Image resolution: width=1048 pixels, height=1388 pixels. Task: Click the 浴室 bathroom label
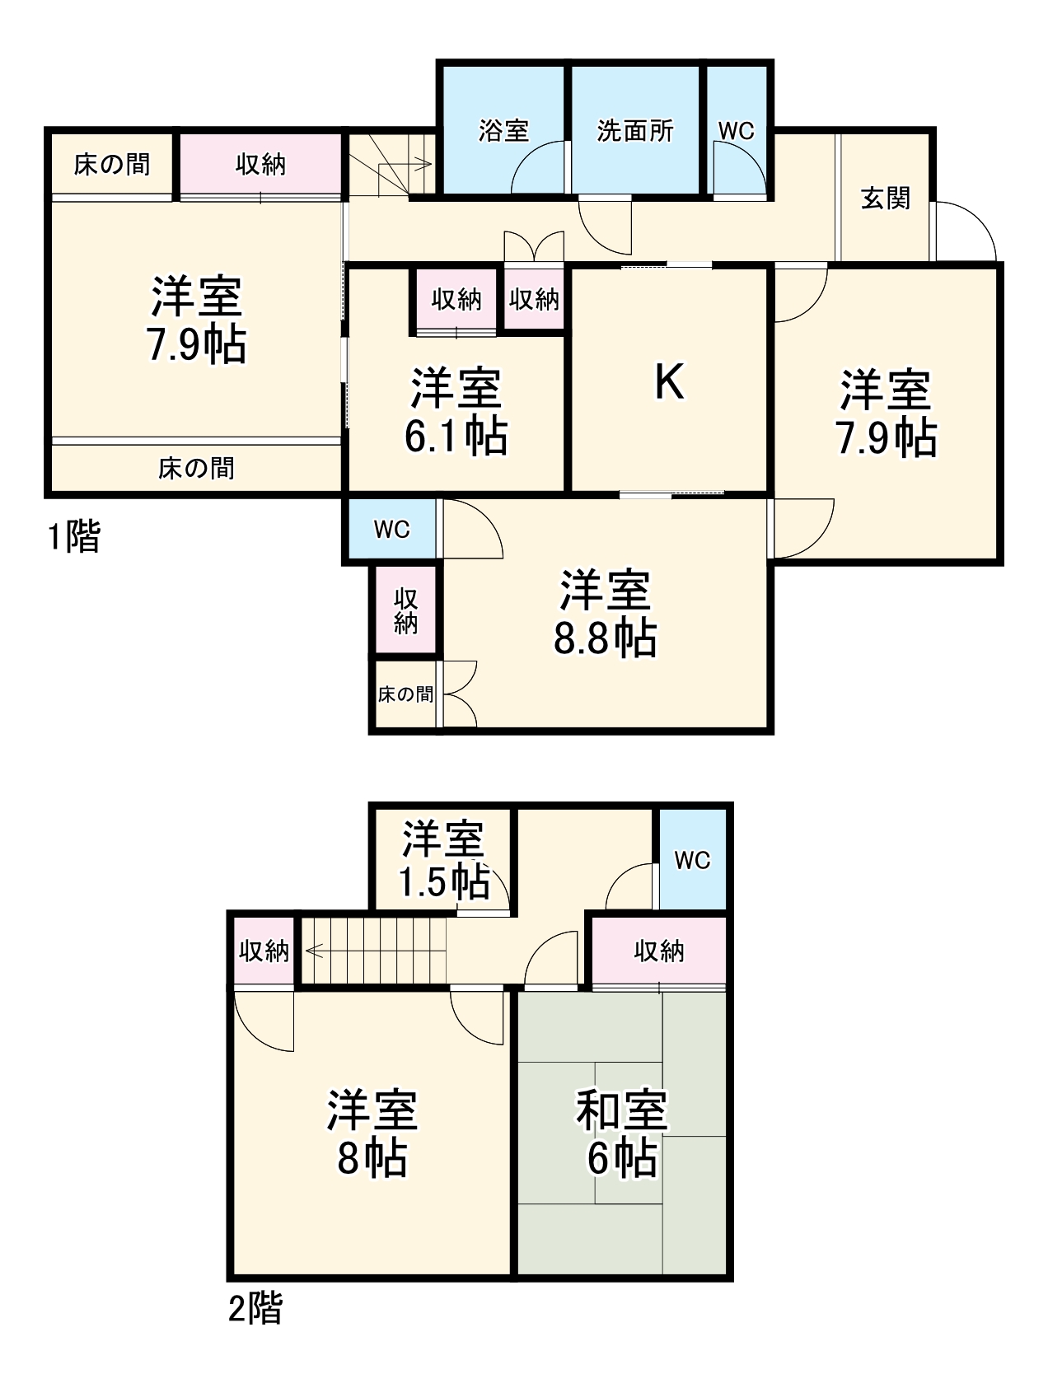click(503, 131)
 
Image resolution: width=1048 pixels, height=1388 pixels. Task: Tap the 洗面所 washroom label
click(634, 131)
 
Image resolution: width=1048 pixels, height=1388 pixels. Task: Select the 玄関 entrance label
click(885, 199)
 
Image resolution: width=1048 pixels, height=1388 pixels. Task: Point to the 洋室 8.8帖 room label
click(605, 614)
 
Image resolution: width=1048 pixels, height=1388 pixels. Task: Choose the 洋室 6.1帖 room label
click(456, 412)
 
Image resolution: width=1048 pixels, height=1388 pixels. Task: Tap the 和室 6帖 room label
click(621, 1133)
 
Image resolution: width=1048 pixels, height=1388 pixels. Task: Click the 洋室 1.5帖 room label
click(443, 860)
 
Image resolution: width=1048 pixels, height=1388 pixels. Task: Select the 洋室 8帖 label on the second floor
click(372, 1133)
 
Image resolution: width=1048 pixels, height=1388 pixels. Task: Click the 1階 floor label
click(73, 538)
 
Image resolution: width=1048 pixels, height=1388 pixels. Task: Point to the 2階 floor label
click(255, 1308)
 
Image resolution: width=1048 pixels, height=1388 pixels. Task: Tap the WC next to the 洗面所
click(736, 131)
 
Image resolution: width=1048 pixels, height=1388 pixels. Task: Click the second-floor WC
click(692, 860)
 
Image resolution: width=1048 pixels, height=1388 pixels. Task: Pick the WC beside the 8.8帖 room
click(391, 529)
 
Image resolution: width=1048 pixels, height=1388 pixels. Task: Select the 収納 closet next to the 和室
click(658, 951)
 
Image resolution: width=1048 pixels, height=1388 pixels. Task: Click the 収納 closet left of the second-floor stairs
click(264, 951)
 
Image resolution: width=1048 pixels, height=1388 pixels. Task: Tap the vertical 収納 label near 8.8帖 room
click(405, 610)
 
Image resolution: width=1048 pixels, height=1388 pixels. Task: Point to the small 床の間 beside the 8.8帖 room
click(405, 694)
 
